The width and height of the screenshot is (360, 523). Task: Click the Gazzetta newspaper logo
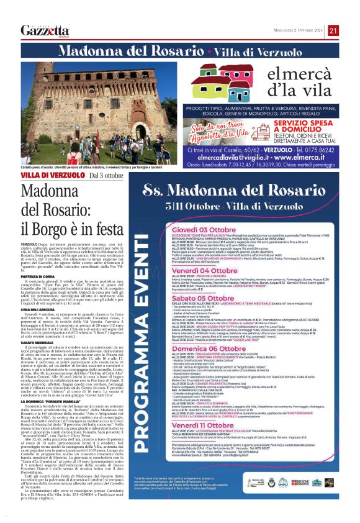coord(45,30)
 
